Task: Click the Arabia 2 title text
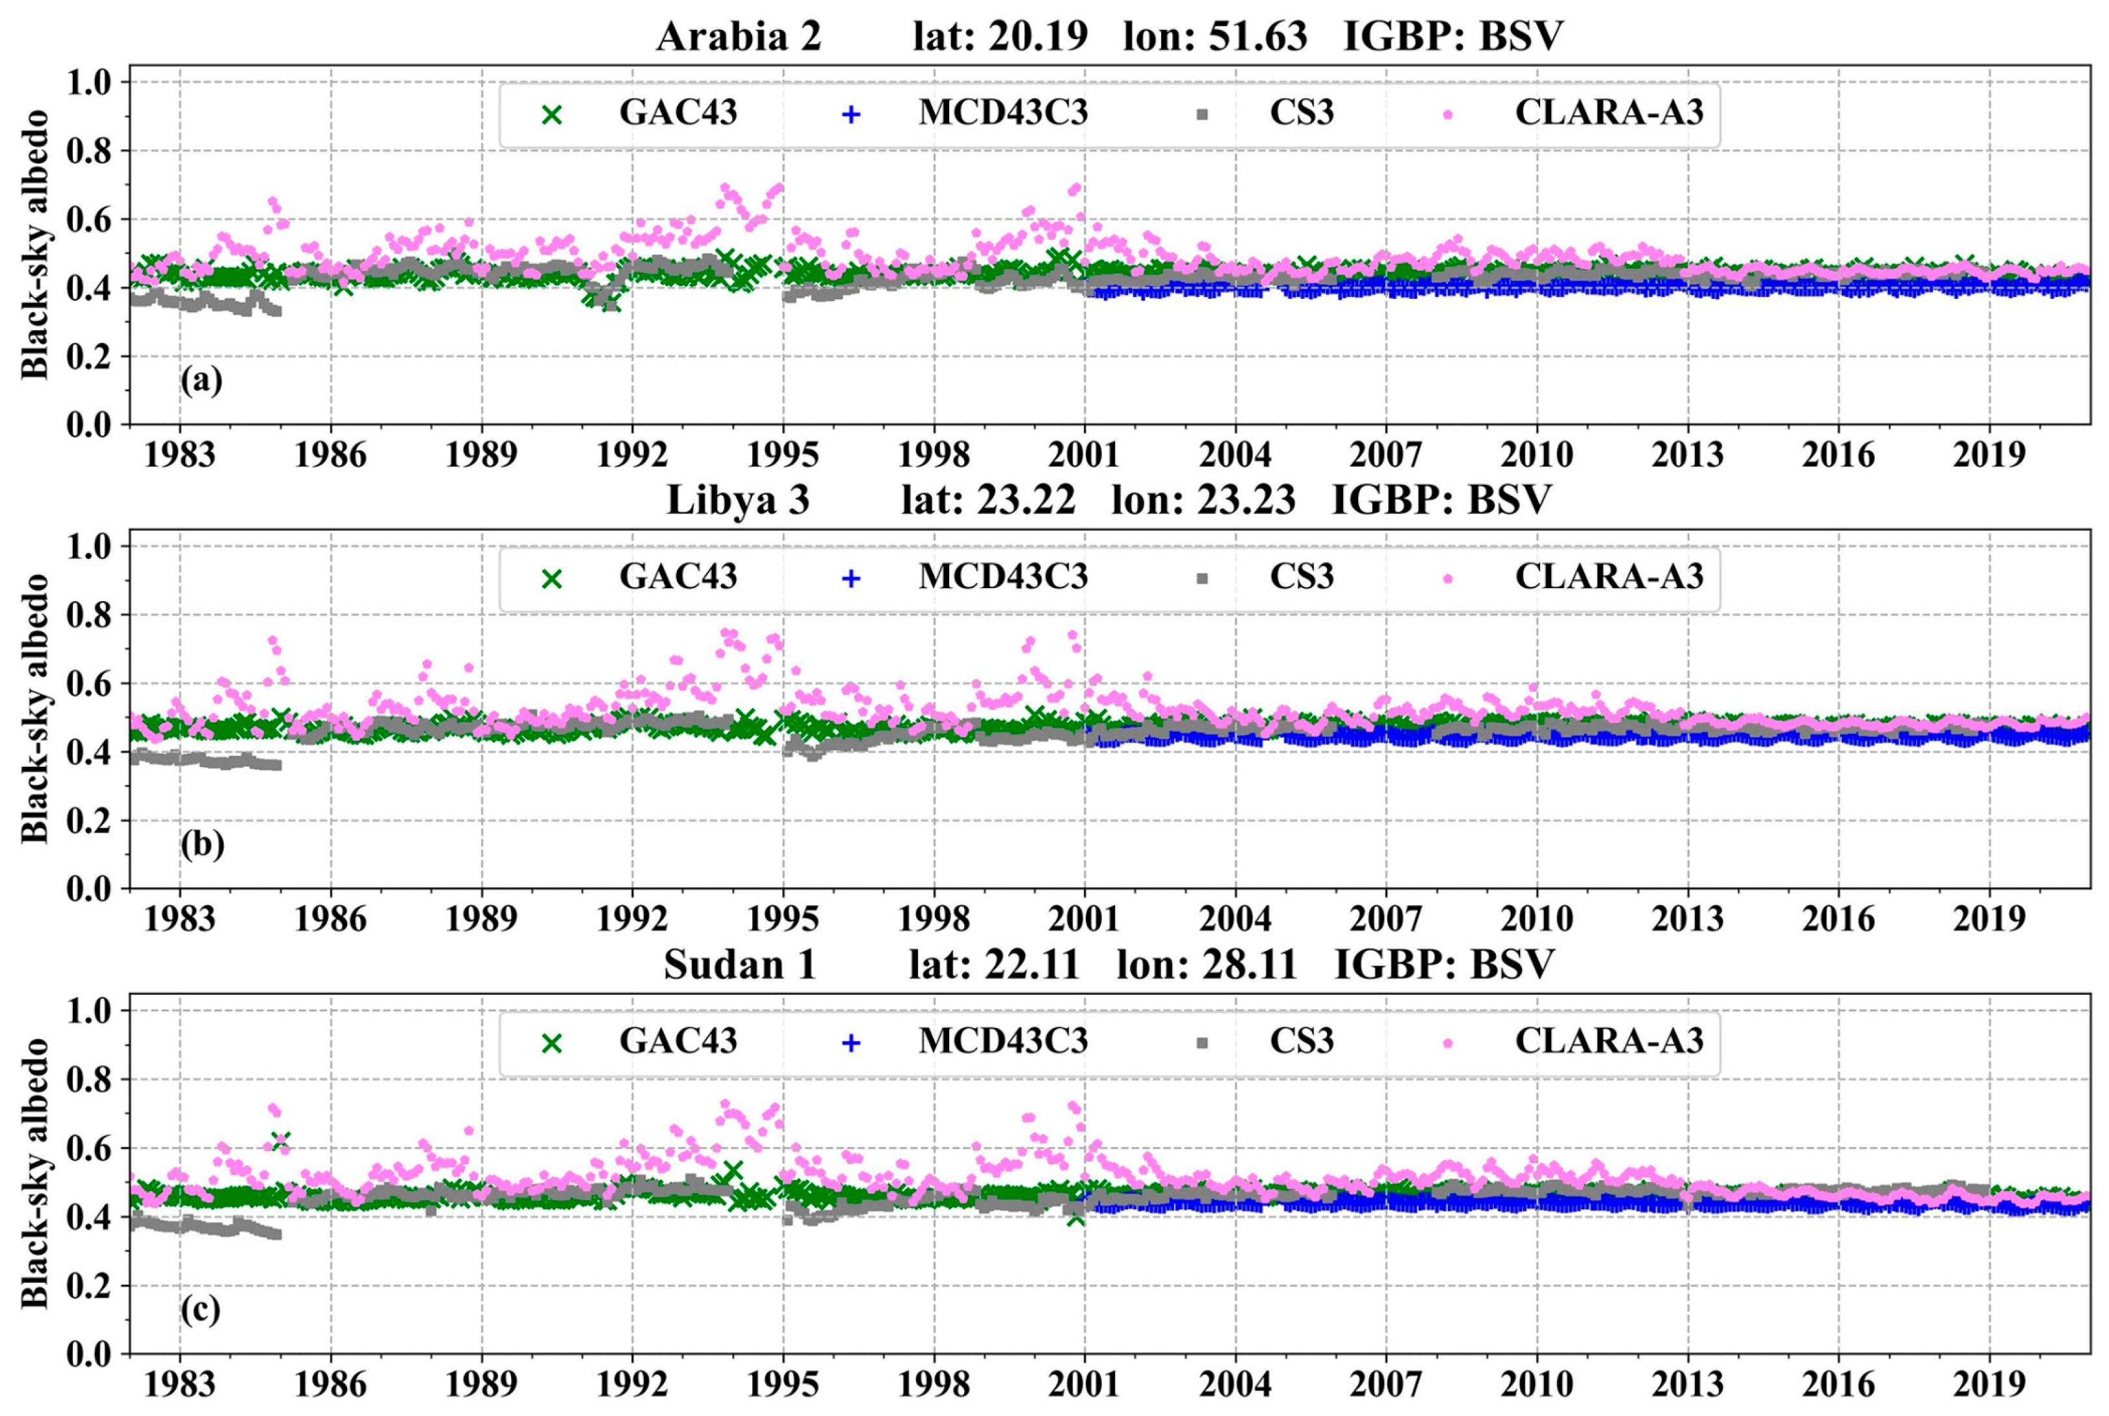click(738, 36)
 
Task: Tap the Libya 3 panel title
click(737, 500)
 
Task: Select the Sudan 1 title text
click(740, 964)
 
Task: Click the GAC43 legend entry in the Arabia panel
click(677, 113)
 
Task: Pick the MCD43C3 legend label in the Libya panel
click(1002, 577)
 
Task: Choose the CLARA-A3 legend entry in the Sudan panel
click(1608, 1041)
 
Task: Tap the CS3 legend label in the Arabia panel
click(1301, 113)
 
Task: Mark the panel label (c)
click(200, 1309)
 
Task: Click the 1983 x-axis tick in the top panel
click(179, 454)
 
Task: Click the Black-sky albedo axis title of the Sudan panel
click(34, 1172)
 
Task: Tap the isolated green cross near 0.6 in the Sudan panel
click(280, 1140)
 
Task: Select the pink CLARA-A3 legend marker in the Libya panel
click(1448, 578)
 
